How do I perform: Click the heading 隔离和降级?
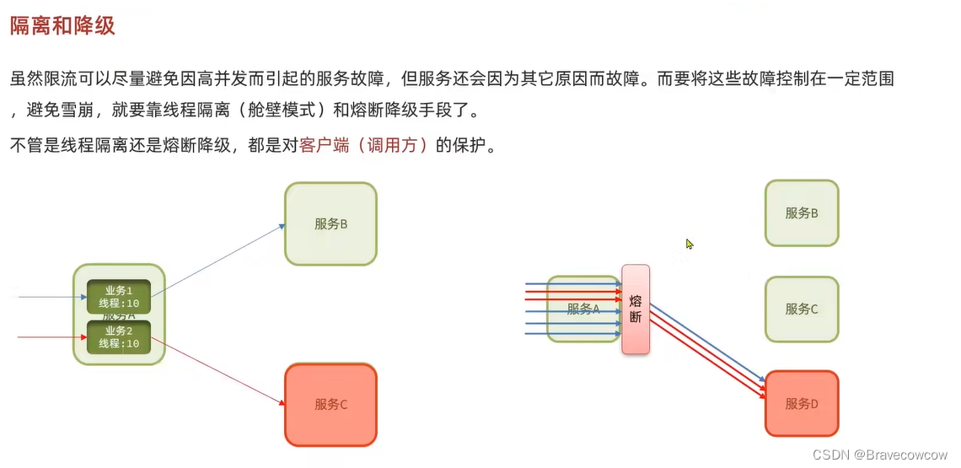click(62, 26)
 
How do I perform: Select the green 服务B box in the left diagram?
click(330, 223)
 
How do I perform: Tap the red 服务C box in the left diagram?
click(330, 404)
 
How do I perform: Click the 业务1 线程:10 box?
click(119, 296)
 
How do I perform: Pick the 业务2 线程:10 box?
click(119, 337)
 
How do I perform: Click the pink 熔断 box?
click(636, 309)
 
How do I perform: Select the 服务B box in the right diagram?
click(802, 213)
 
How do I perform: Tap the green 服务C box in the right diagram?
click(802, 309)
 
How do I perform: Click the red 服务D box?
click(802, 404)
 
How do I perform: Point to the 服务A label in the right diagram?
click(583, 309)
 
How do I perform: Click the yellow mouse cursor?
click(690, 245)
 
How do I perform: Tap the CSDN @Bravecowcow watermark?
click(880, 455)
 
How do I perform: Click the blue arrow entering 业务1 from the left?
click(51, 297)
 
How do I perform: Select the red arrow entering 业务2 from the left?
click(51, 337)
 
